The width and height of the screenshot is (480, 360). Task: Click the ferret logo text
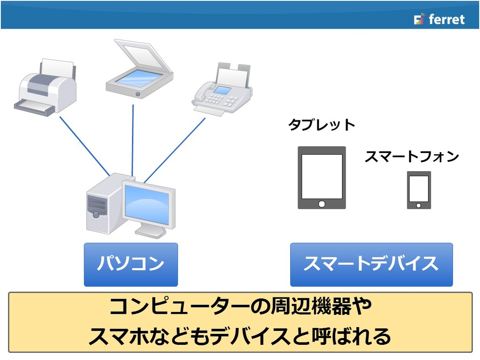(x=447, y=19)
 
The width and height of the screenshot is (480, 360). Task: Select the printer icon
(x=45, y=87)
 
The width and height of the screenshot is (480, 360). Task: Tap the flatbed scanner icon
(x=139, y=69)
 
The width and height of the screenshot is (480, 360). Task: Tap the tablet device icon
(x=322, y=178)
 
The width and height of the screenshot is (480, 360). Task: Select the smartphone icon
(x=419, y=190)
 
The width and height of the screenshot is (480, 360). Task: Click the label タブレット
(x=322, y=125)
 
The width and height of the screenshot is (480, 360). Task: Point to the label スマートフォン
(x=412, y=156)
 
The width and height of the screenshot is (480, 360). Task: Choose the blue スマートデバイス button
(x=371, y=265)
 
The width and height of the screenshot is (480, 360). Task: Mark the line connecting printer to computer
(x=85, y=146)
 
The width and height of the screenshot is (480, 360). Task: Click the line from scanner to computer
(x=133, y=141)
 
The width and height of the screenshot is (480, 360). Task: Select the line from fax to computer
(x=175, y=150)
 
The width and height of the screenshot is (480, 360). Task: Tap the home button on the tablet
(x=322, y=204)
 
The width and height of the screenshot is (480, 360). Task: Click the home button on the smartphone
(x=418, y=206)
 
